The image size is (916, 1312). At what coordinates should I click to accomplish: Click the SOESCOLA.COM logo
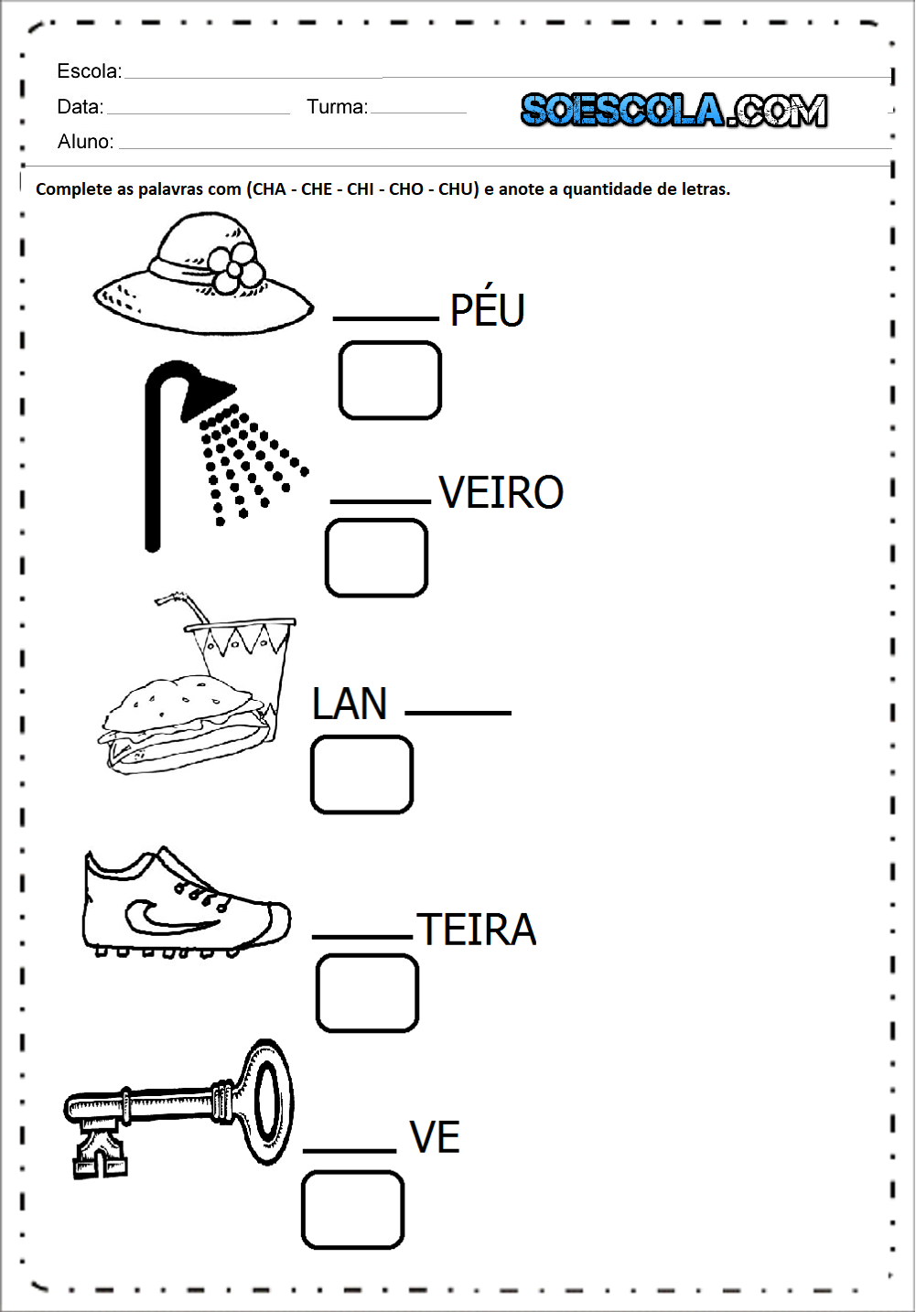(674, 111)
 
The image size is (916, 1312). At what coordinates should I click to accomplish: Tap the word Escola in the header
(89, 71)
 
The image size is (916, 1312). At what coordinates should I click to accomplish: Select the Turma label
(337, 107)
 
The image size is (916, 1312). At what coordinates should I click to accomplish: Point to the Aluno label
(85, 142)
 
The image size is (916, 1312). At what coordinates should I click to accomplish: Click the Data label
(80, 107)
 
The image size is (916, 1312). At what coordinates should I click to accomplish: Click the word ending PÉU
(487, 310)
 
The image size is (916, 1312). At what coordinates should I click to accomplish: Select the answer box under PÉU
(390, 381)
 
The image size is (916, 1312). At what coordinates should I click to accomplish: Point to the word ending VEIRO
(501, 492)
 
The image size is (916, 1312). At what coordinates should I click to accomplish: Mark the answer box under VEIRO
(376, 558)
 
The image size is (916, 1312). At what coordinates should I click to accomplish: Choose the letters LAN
(350, 704)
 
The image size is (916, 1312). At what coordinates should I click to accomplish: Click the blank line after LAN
(458, 712)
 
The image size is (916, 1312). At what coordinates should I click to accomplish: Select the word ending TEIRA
(476, 930)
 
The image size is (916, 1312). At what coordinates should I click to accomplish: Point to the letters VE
(435, 1137)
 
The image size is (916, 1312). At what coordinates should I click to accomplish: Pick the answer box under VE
(352, 1210)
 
